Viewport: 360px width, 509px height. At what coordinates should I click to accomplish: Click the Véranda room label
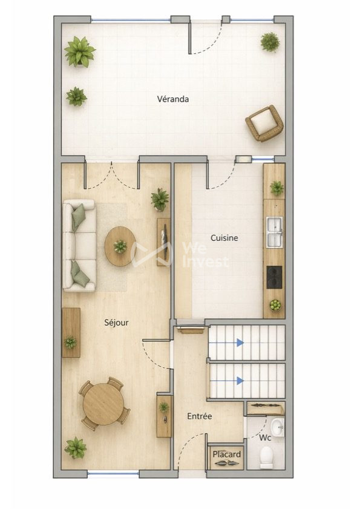point(173,99)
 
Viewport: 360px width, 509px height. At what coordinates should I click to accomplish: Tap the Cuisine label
point(224,238)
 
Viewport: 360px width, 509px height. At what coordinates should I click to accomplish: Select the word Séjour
point(116,323)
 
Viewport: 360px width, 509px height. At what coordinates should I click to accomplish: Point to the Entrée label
point(200,416)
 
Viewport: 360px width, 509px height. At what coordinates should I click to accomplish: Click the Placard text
point(227,454)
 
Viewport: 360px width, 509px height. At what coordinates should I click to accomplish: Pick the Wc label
point(265,438)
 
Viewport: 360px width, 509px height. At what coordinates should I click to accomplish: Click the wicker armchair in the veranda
point(264,123)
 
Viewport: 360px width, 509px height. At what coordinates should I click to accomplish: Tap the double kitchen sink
point(274,232)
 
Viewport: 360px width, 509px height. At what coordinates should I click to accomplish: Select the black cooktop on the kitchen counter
point(274,277)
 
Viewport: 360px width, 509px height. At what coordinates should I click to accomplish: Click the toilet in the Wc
point(266,458)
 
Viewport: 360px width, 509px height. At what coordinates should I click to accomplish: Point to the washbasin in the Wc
point(277,427)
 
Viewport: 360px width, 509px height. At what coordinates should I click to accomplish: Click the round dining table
point(103,404)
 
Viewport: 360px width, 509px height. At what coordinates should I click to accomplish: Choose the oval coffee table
point(120,246)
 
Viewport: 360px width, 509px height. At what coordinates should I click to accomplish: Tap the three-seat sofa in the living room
point(79,245)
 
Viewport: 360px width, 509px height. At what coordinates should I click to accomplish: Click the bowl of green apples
point(275,305)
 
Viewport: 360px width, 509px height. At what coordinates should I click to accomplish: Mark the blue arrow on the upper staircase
point(226,343)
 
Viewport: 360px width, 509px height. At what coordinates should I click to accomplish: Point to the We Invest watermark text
point(206,255)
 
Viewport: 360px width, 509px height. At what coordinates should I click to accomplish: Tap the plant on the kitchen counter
point(277,188)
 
